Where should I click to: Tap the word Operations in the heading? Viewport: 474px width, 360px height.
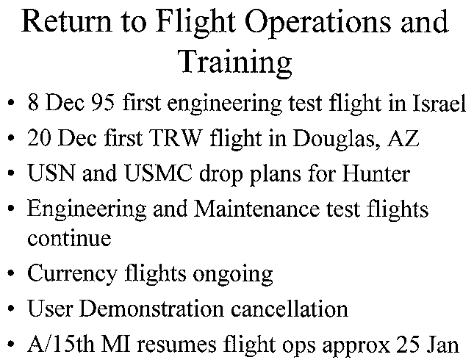click(x=317, y=22)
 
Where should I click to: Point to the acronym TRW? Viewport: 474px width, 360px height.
click(x=176, y=137)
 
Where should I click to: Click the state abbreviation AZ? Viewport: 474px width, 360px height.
click(x=404, y=137)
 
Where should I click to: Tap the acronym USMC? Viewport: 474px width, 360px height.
click(x=158, y=173)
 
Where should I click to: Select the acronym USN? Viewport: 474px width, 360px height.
click(x=51, y=173)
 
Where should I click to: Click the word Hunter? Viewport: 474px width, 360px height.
click(x=376, y=173)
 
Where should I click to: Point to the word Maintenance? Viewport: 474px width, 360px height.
click(x=256, y=208)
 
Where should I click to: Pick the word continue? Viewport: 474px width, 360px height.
click(x=69, y=237)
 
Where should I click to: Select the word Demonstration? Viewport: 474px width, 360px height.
click(x=151, y=309)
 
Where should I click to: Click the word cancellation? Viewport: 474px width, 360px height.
click(x=290, y=309)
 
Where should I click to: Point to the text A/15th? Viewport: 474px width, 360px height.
click(x=61, y=344)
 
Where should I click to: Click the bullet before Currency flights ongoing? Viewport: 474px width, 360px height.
click(x=11, y=273)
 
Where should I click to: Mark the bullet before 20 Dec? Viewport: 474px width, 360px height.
click(x=11, y=138)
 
